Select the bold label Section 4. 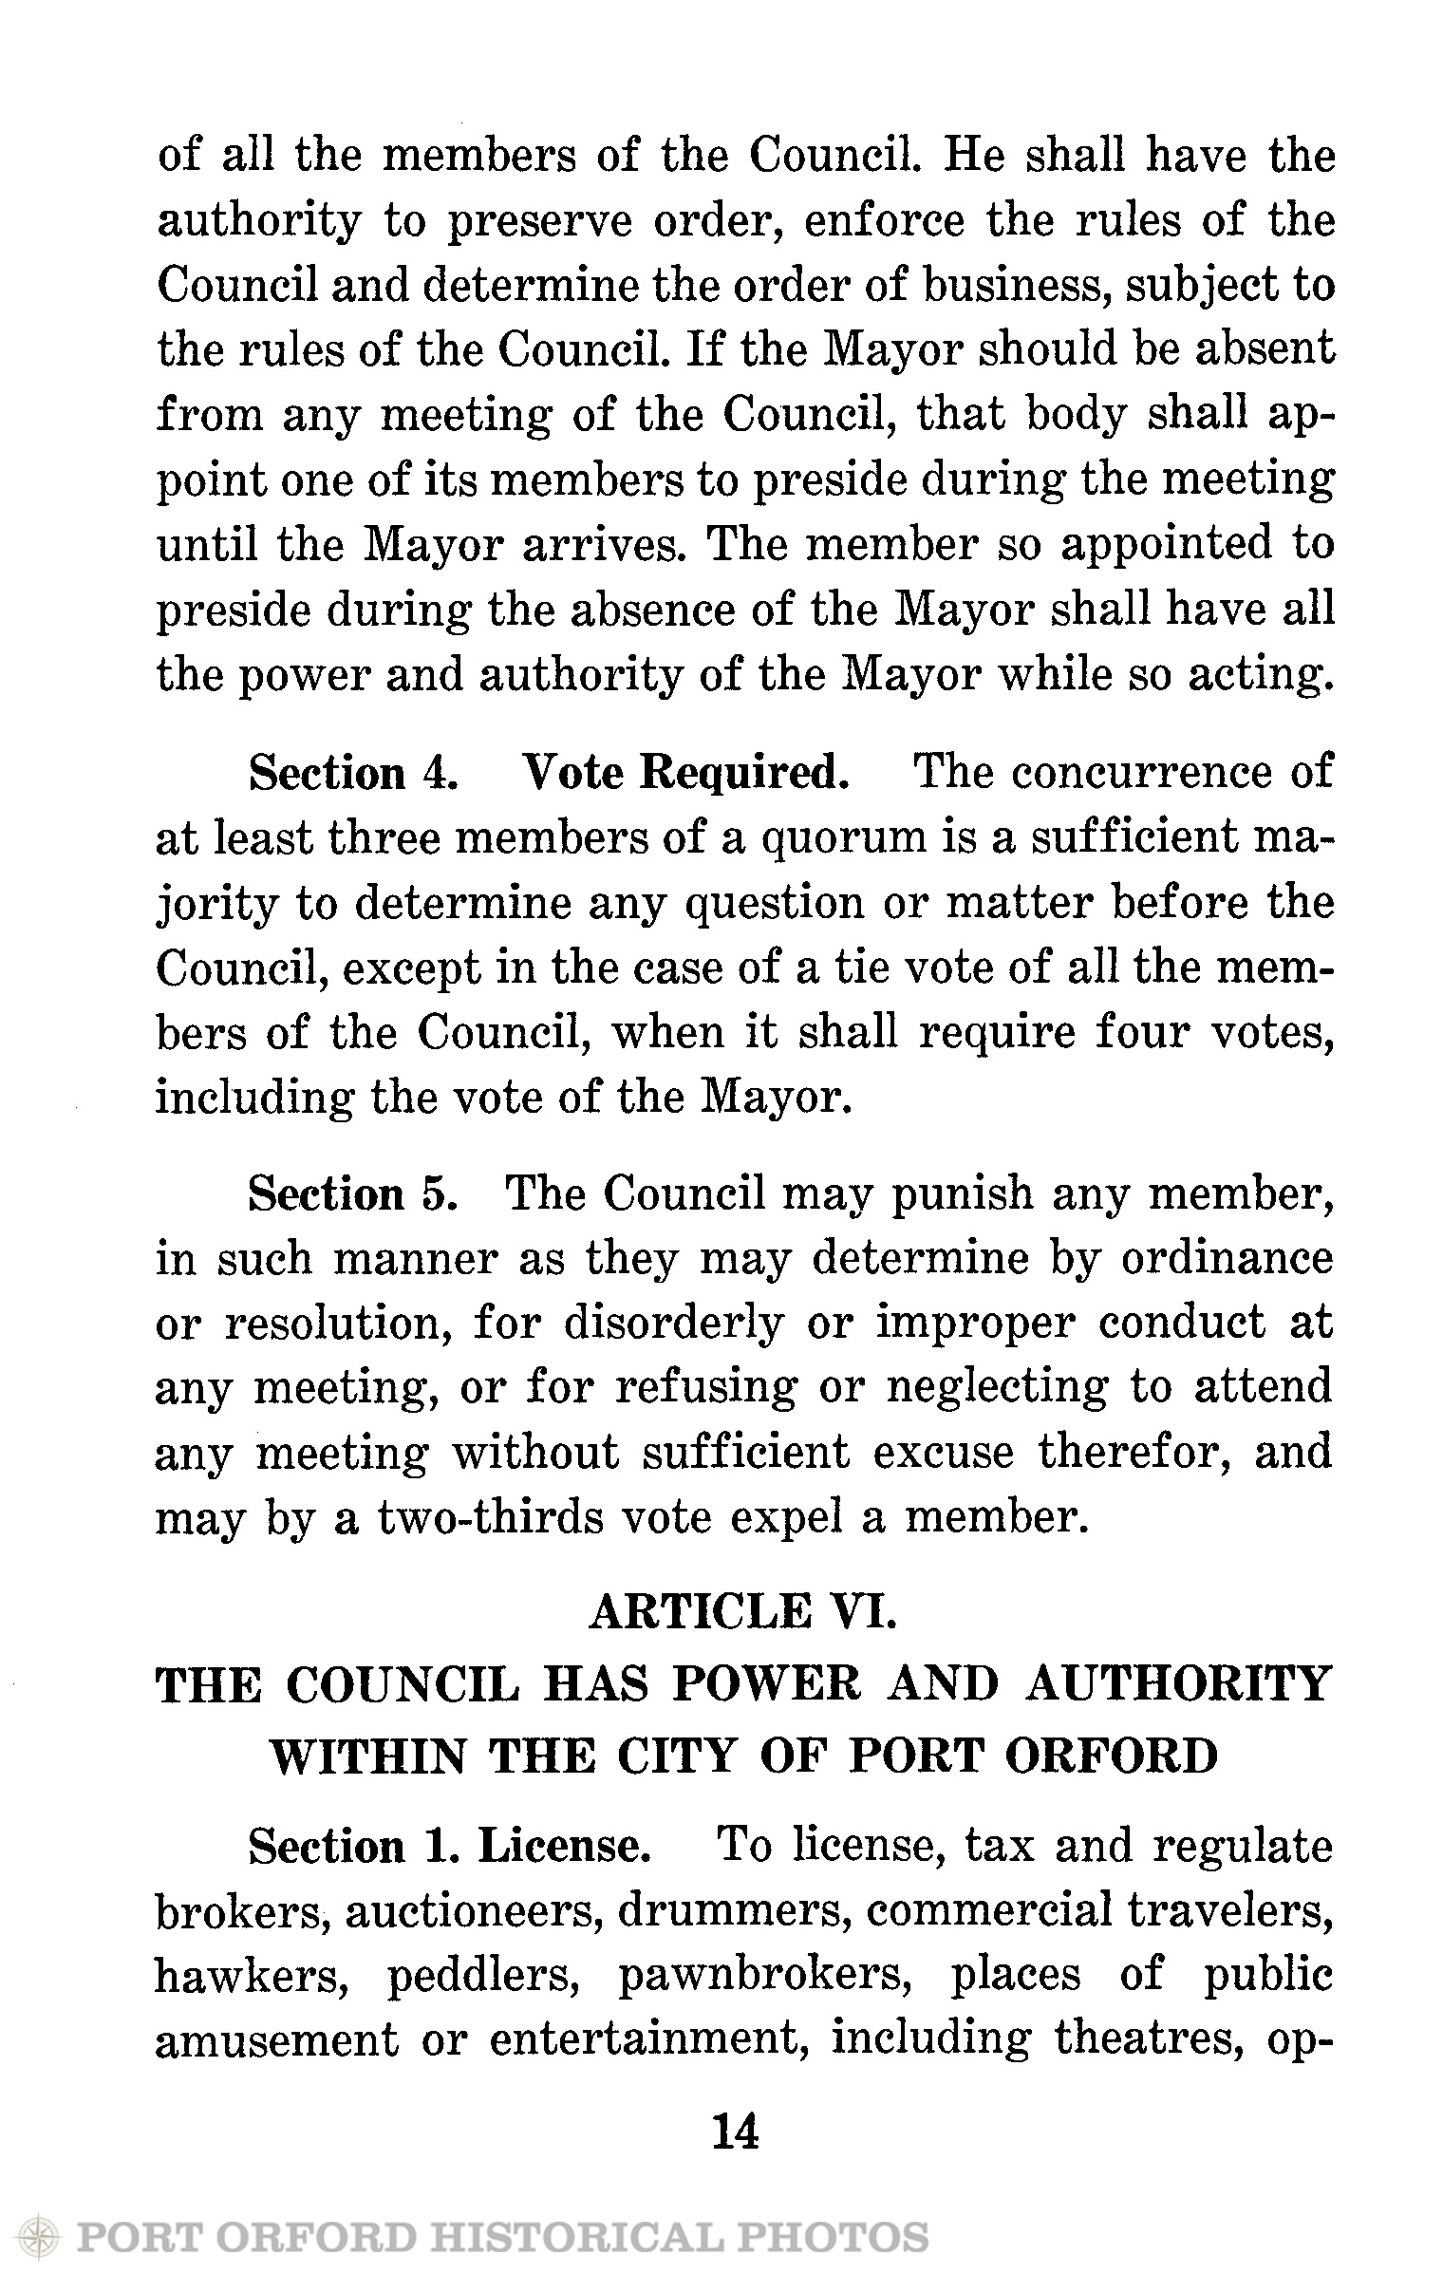pyautogui.click(x=354, y=774)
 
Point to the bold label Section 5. pyautogui.click(x=354, y=1195)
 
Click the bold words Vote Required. pyautogui.click(x=685, y=774)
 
